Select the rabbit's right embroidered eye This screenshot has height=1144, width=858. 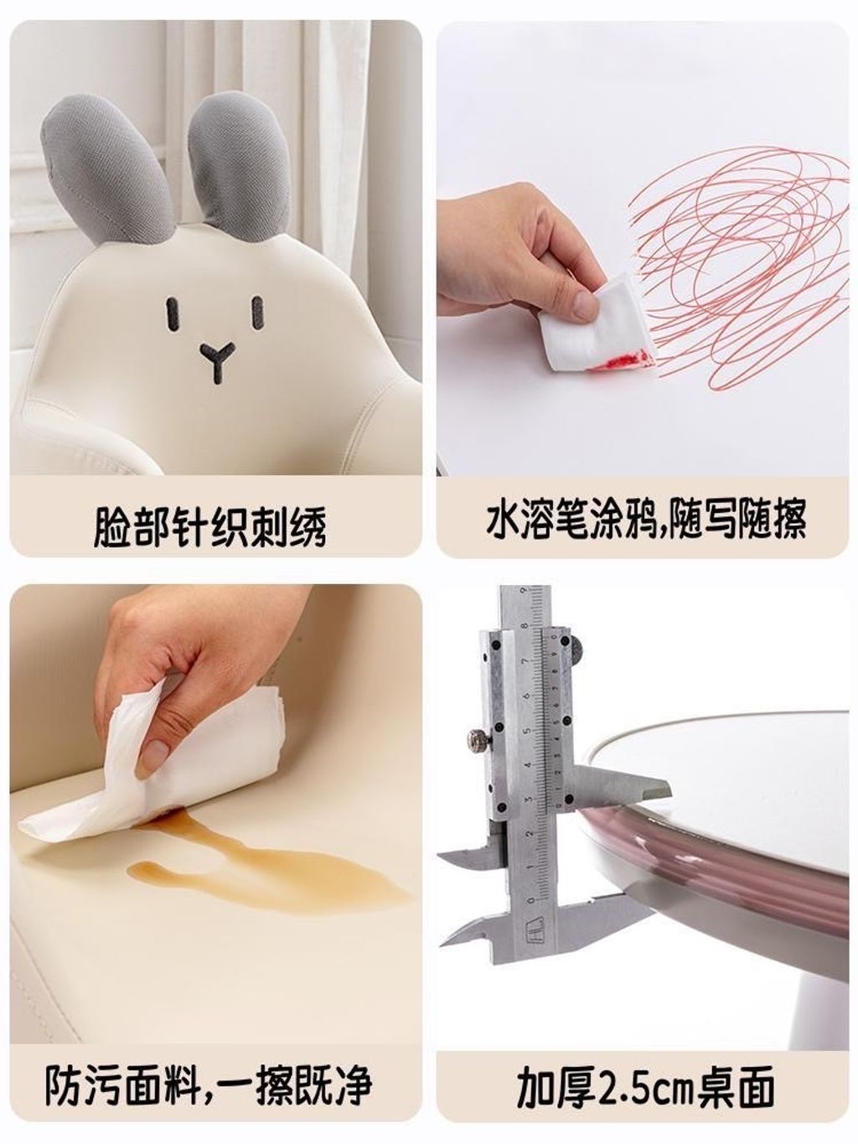(257, 313)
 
